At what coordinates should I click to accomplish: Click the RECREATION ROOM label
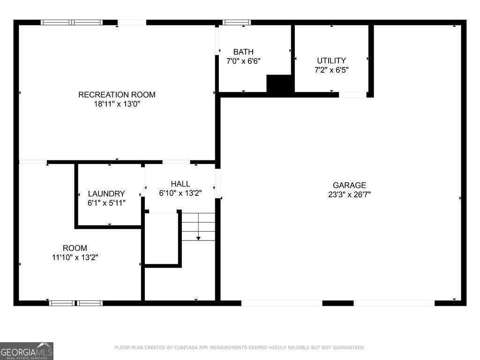(x=117, y=95)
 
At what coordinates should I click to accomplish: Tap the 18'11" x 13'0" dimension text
(x=117, y=104)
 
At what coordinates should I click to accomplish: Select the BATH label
(x=243, y=52)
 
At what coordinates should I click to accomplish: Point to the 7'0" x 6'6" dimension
(x=243, y=61)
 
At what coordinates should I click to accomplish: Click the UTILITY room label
(x=331, y=60)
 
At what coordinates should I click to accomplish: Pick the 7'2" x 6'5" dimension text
(x=331, y=70)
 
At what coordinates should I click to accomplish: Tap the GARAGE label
(x=349, y=185)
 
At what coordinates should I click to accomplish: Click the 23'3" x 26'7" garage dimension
(x=349, y=195)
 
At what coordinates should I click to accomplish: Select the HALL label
(x=180, y=184)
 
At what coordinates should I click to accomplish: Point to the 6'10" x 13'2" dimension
(x=180, y=193)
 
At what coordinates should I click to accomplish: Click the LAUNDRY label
(x=106, y=194)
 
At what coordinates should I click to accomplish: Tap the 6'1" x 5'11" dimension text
(x=106, y=202)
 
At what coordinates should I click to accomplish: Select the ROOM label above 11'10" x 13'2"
(x=75, y=248)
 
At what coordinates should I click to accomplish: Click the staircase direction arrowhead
(x=198, y=238)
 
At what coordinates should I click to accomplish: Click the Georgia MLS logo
(x=27, y=351)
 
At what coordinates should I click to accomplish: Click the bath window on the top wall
(x=236, y=22)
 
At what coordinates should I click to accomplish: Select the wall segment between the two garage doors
(x=338, y=303)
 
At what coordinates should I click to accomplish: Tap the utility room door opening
(x=352, y=95)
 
